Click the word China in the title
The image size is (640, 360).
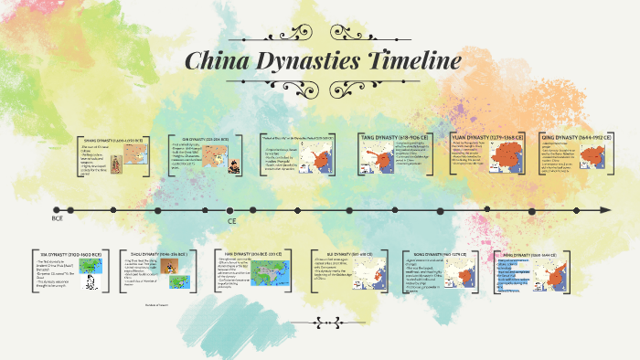click(215, 63)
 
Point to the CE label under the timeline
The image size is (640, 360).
click(231, 220)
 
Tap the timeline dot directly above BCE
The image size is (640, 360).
click(58, 209)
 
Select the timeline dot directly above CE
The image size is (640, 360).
click(230, 209)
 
